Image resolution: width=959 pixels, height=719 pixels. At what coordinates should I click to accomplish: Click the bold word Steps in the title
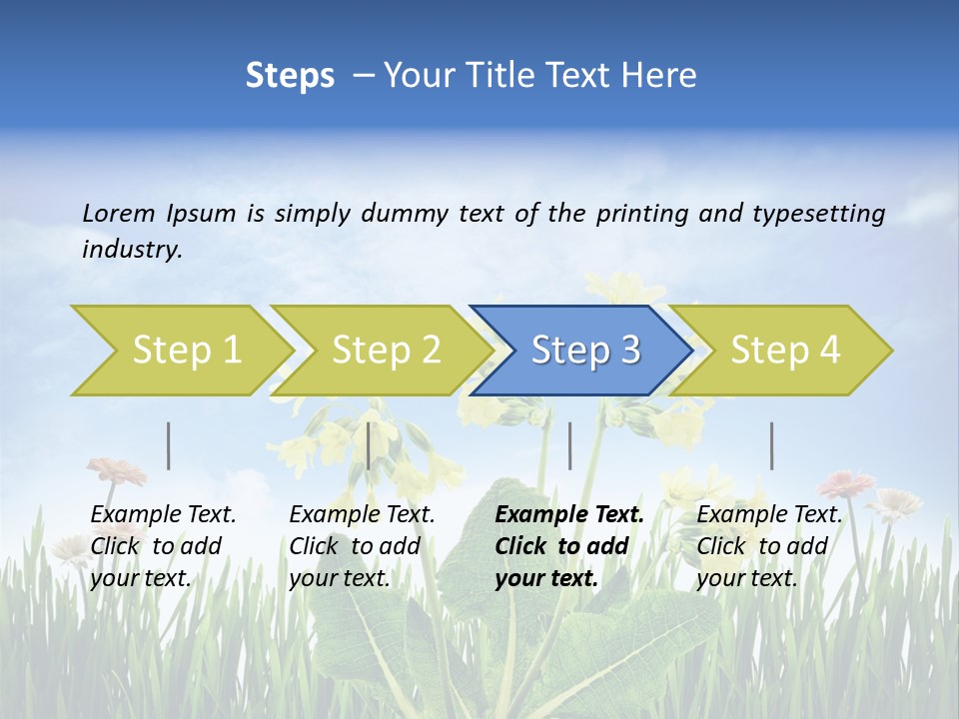click(x=290, y=76)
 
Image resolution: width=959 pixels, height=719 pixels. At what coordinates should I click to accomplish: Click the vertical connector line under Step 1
click(x=169, y=445)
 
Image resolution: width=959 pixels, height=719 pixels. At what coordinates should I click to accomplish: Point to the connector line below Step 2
click(x=369, y=445)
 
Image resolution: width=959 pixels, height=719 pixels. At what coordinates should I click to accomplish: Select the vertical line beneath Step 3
click(x=570, y=445)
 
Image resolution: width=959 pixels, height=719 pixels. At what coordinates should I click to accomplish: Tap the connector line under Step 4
click(x=772, y=445)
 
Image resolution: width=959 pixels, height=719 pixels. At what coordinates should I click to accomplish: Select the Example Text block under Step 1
click(x=163, y=546)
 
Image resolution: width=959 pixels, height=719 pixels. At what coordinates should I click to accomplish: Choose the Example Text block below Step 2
click(x=362, y=546)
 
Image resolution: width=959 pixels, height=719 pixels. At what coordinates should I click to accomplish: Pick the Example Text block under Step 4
click(x=769, y=546)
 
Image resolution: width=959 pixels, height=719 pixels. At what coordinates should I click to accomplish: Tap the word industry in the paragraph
click(x=131, y=250)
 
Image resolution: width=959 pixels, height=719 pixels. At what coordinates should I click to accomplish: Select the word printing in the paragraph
click(x=637, y=214)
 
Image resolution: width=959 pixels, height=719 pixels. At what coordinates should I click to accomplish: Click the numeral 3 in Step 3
click(x=629, y=351)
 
